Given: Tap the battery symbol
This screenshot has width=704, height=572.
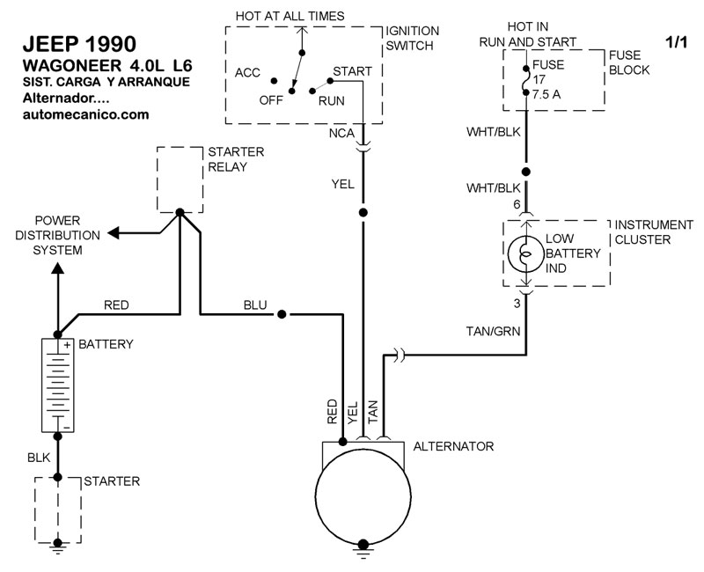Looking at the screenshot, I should click(x=58, y=385).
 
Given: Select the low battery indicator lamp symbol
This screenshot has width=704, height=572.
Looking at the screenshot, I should click(x=525, y=253).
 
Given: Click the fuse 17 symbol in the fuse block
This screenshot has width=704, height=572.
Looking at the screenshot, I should click(x=525, y=78).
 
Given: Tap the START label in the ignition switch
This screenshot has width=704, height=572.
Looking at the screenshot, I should click(x=352, y=70).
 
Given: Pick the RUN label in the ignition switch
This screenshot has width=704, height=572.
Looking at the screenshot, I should click(x=331, y=100).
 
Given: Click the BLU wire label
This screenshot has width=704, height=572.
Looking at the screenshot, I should click(x=255, y=305).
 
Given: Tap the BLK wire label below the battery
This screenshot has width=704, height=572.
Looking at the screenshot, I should click(x=39, y=457).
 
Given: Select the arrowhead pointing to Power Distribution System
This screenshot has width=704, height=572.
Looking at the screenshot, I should click(x=113, y=233).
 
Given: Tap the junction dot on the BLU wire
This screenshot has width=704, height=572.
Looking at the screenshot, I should click(x=282, y=314).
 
